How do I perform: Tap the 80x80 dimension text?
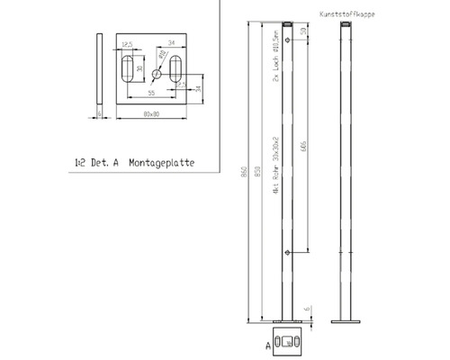coord(152,115)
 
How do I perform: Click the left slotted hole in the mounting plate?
coord(136,68)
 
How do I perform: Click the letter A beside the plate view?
coord(268,345)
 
